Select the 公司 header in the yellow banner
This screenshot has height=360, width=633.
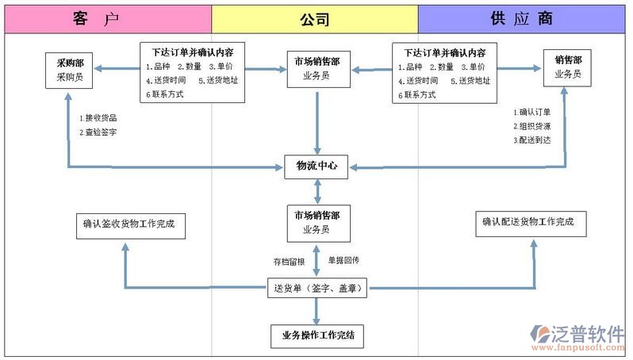315,19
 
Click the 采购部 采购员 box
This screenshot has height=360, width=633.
70,71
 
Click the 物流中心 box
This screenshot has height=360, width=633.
317,167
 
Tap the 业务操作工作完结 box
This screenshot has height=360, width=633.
317,335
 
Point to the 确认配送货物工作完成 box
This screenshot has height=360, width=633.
531,224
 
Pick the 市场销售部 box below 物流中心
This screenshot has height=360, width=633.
317,223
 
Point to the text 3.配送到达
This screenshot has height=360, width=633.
532,140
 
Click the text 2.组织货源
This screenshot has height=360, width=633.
532,126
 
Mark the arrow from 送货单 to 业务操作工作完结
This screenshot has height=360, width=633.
317,312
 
